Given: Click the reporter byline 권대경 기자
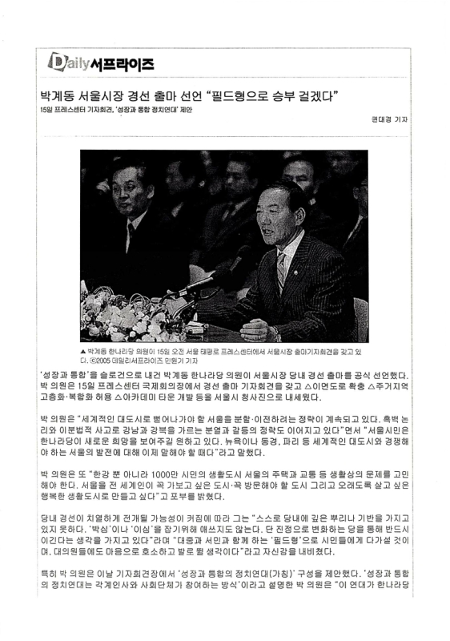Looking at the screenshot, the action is tap(389, 120).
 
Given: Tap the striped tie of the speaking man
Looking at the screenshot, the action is tap(282, 268).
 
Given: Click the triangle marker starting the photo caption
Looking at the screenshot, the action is tap(84, 352).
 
